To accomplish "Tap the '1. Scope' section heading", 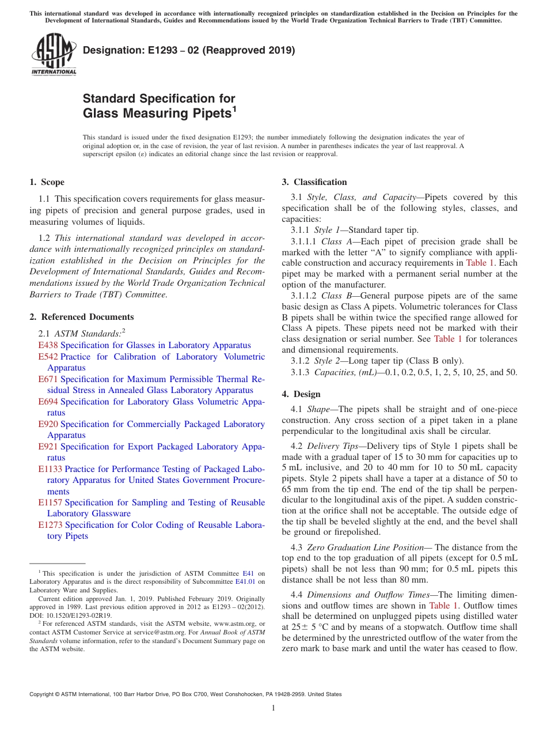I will pos(47,183).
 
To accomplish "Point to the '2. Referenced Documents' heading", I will pos(81,317).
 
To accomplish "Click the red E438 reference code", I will pos(48,345).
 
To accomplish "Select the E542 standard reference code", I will pos(48,357).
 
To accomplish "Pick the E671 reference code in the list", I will pos(48,379).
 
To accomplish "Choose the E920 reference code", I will pos(48,424).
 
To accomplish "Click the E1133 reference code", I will pos(50,469).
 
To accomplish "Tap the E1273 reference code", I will pos(50,525).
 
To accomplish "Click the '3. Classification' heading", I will pos(314,183).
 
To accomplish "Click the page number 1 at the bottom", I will pos(273,708).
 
